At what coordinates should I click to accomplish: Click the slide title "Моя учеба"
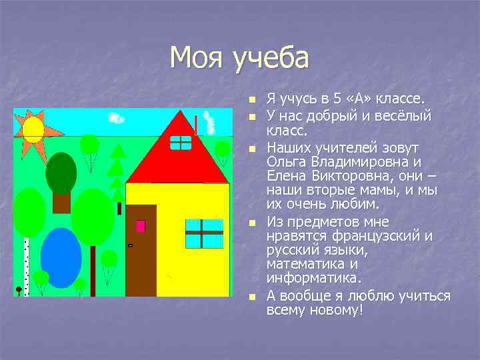(x=239, y=58)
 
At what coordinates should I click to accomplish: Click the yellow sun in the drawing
(x=33, y=129)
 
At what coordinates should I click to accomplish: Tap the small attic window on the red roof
(x=180, y=142)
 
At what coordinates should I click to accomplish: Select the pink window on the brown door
(x=141, y=226)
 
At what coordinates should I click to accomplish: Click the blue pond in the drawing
(x=61, y=257)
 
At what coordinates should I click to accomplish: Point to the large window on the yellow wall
(x=203, y=233)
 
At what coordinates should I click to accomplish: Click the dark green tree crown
(x=61, y=173)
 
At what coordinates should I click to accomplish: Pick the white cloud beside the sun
(x=116, y=119)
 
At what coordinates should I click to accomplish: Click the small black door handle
(x=130, y=245)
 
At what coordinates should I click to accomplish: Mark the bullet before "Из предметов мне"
(x=251, y=222)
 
